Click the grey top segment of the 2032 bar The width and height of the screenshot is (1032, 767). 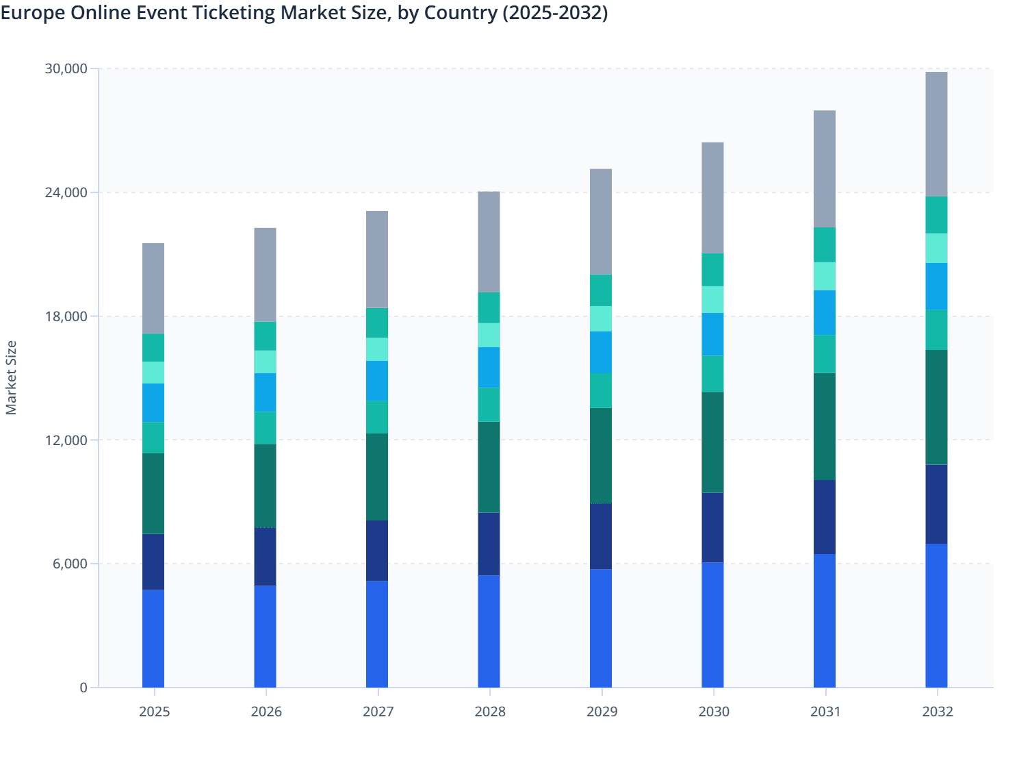[936, 134]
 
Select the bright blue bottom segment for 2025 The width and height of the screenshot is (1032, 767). [153, 638]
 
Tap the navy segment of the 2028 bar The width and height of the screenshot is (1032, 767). [489, 544]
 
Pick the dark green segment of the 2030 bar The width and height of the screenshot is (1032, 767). [712, 442]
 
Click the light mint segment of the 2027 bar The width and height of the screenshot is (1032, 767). [377, 349]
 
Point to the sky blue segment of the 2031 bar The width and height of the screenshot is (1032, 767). [824, 312]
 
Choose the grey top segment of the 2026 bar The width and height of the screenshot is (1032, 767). [265, 275]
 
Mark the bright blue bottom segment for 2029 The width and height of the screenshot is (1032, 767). [601, 628]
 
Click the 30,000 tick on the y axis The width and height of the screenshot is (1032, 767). [66, 68]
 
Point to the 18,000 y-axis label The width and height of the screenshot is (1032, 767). [66, 316]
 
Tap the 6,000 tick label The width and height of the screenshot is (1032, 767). [69, 564]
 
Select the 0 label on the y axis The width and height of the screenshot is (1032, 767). [83, 688]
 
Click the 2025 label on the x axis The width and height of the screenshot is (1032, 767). [154, 712]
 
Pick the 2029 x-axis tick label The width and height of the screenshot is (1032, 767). [602, 712]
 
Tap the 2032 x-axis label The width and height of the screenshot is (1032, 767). [937, 712]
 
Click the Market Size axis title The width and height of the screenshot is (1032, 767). [12, 378]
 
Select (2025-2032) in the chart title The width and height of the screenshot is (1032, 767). [555, 13]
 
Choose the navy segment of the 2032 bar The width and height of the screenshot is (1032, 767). [936, 504]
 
